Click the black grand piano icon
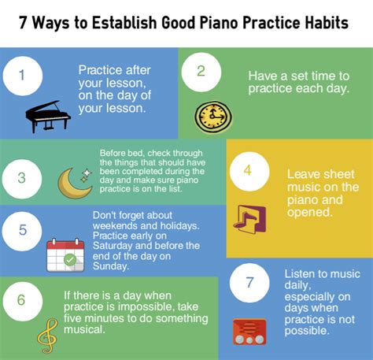(x=48, y=117)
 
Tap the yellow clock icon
(x=213, y=117)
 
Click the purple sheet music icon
(x=249, y=219)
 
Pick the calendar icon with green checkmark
(x=65, y=255)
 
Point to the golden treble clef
(x=47, y=336)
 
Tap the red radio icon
(x=249, y=332)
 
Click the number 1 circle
(x=23, y=76)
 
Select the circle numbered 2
(x=201, y=72)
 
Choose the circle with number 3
(x=22, y=179)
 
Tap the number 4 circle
(x=249, y=171)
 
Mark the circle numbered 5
(x=22, y=231)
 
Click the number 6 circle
(x=22, y=301)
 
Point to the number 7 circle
(x=249, y=283)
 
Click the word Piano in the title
(x=219, y=23)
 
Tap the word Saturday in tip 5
(x=113, y=246)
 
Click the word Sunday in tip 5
(x=111, y=266)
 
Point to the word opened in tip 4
(x=310, y=212)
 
